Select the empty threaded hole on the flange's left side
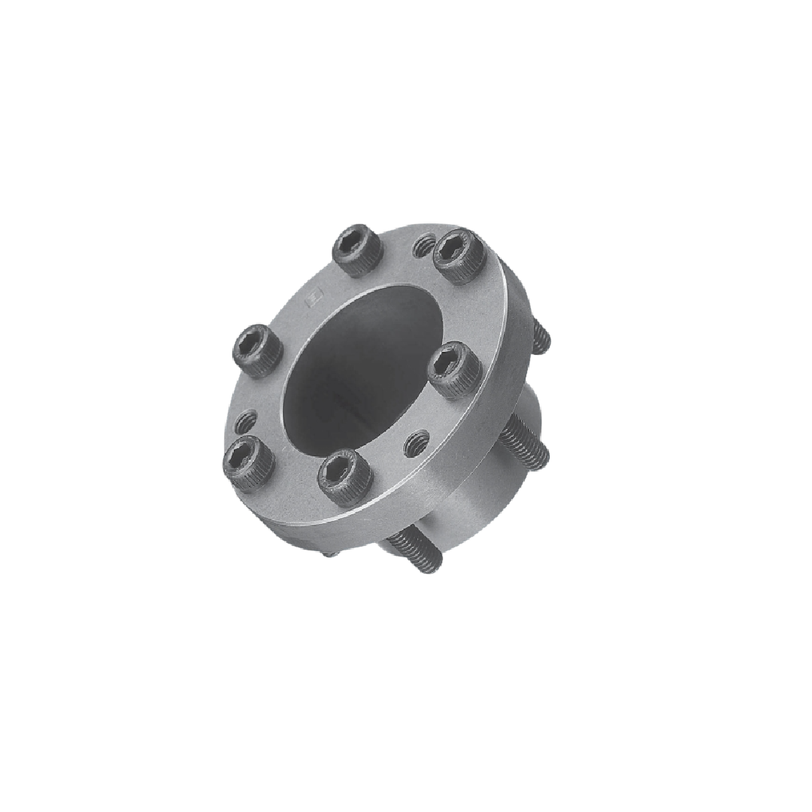pos(246,420)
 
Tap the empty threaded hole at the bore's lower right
pos(416,444)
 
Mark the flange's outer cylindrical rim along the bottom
pos(391,519)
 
